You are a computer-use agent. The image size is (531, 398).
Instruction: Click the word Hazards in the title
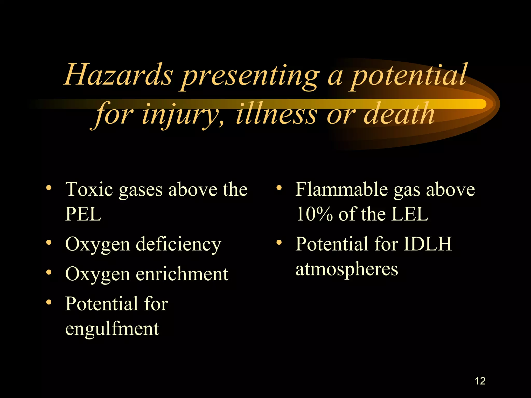tap(118, 75)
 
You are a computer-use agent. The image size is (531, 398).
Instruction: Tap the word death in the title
tap(399, 114)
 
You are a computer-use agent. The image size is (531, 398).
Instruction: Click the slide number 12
tap(480, 381)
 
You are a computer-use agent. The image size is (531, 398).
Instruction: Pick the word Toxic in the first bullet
tap(89, 189)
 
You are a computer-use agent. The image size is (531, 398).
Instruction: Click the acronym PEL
tap(83, 214)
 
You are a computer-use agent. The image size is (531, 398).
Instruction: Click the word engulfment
tap(112, 329)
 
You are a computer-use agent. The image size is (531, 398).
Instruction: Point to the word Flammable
tap(341, 189)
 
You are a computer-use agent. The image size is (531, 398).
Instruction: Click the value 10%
tap(314, 214)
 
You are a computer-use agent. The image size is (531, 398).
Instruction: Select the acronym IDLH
tap(428, 244)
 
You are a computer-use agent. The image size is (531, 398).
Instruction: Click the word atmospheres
tap(347, 269)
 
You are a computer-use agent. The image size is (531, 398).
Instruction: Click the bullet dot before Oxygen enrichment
tap(48, 272)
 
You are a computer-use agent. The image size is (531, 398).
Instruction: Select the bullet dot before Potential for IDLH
tap(279, 243)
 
